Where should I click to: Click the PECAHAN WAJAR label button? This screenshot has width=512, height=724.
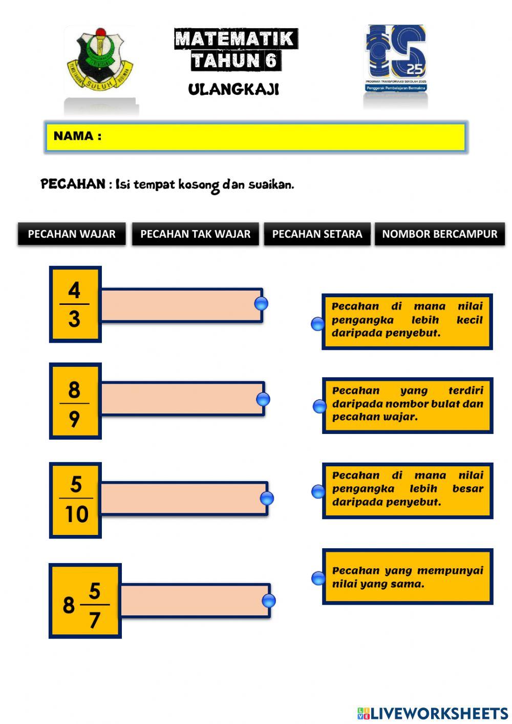pos(72,234)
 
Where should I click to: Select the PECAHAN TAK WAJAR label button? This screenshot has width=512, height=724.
pos(195,234)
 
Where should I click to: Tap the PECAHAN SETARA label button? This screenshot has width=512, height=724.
pos(317,234)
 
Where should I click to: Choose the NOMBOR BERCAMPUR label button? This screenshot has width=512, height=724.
pos(439,234)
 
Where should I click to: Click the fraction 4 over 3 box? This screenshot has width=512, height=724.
pos(75,304)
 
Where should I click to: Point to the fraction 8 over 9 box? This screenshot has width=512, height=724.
pos(75,401)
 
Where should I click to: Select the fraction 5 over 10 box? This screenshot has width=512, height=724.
pos(75,500)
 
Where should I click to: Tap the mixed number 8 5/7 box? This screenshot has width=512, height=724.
pos(85,601)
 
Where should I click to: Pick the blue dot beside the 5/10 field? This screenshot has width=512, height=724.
pos(267,498)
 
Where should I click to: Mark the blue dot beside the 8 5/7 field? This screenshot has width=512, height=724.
pos(268,601)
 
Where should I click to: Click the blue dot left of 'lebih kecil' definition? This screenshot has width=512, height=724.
pos(318,324)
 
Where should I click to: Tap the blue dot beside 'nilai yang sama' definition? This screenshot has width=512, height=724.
pos(318,578)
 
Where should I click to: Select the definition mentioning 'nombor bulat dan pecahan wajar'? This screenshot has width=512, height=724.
pos(408,405)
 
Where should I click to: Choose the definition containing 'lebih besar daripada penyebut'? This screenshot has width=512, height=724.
pos(408,490)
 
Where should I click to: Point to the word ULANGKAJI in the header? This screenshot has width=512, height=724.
pos(233,90)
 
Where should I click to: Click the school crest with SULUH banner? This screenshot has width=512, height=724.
pos(100,60)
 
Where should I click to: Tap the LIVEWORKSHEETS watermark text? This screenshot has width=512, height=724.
pos(433,713)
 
